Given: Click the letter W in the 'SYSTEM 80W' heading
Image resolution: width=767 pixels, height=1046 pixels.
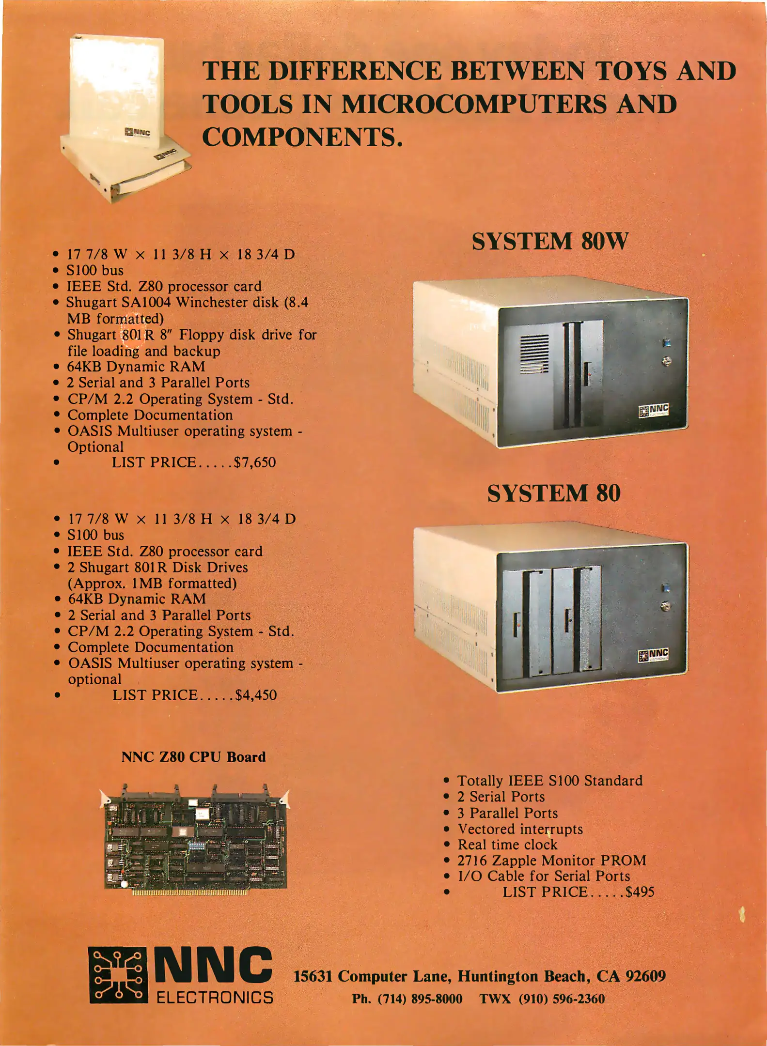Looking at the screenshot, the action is (x=615, y=241).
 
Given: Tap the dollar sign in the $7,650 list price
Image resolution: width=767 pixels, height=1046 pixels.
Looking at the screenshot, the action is (x=237, y=462).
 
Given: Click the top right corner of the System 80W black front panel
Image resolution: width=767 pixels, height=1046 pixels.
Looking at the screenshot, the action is (x=688, y=298).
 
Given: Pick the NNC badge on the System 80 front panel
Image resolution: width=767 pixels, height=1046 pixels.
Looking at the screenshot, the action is (x=654, y=655).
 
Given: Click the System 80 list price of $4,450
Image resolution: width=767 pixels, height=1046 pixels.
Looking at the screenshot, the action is (x=256, y=695).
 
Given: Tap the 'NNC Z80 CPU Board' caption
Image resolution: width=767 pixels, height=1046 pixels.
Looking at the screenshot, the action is (x=193, y=757).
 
